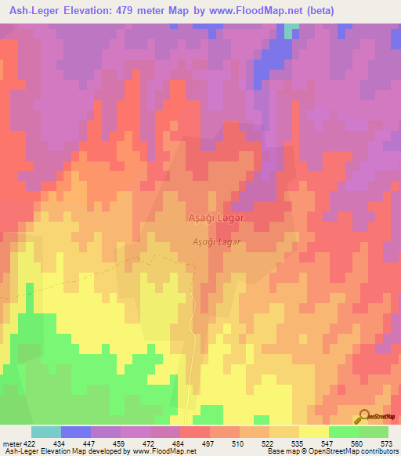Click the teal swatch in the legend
pos(45,432)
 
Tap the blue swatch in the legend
pos(75,432)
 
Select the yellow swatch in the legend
pos(313,432)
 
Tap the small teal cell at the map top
pos(292,30)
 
